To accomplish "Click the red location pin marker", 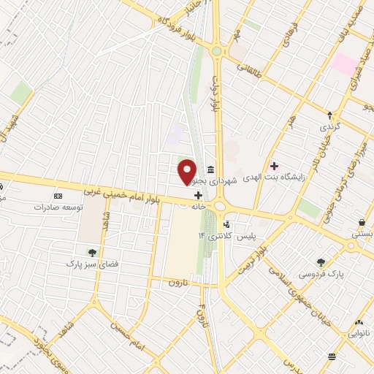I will (x=187, y=171).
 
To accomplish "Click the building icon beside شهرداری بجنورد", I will (x=210, y=167).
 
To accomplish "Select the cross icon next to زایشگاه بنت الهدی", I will (x=274, y=165).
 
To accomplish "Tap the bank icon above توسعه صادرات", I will (x=59, y=196).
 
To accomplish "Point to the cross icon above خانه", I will (x=199, y=196).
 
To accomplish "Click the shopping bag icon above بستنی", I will (x=362, y=222).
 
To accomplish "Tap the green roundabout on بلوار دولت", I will (x=217, y=51).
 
